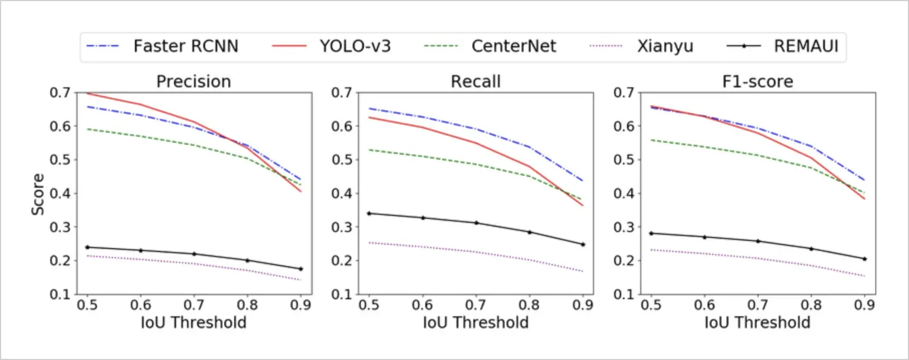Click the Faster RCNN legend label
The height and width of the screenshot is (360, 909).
click(185, 46)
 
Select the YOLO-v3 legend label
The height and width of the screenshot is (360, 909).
click(355, 46)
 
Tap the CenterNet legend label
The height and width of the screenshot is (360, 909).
click(514, 46)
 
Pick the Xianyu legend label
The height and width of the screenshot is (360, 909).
click(665, 46)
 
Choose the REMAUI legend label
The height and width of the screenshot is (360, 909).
click(806, 46)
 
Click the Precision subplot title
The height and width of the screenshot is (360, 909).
click(194, 81)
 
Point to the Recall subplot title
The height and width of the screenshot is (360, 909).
click(476, 81)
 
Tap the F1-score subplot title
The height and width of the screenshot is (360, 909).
click(757, 81)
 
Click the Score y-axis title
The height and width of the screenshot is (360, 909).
click(37, 194)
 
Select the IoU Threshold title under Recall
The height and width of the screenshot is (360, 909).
click(476, 323)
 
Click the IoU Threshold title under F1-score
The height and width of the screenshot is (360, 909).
click(757, 323)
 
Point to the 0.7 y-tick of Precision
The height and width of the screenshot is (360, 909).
click(60, 93)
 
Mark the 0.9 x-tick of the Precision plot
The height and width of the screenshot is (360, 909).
click(301, 305)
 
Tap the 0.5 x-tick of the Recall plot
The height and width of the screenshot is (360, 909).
click(369, 305)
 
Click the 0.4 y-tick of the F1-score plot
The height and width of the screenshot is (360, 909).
click(624, 194)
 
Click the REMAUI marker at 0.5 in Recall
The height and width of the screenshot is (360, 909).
click(369, 214)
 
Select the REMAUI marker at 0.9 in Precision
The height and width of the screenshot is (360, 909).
click(301, 269)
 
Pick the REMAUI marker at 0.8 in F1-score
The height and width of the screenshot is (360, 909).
click(811, 249)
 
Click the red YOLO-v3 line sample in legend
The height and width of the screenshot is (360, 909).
click(289, 46)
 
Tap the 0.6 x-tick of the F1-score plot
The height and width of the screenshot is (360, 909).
click(704, 305)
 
